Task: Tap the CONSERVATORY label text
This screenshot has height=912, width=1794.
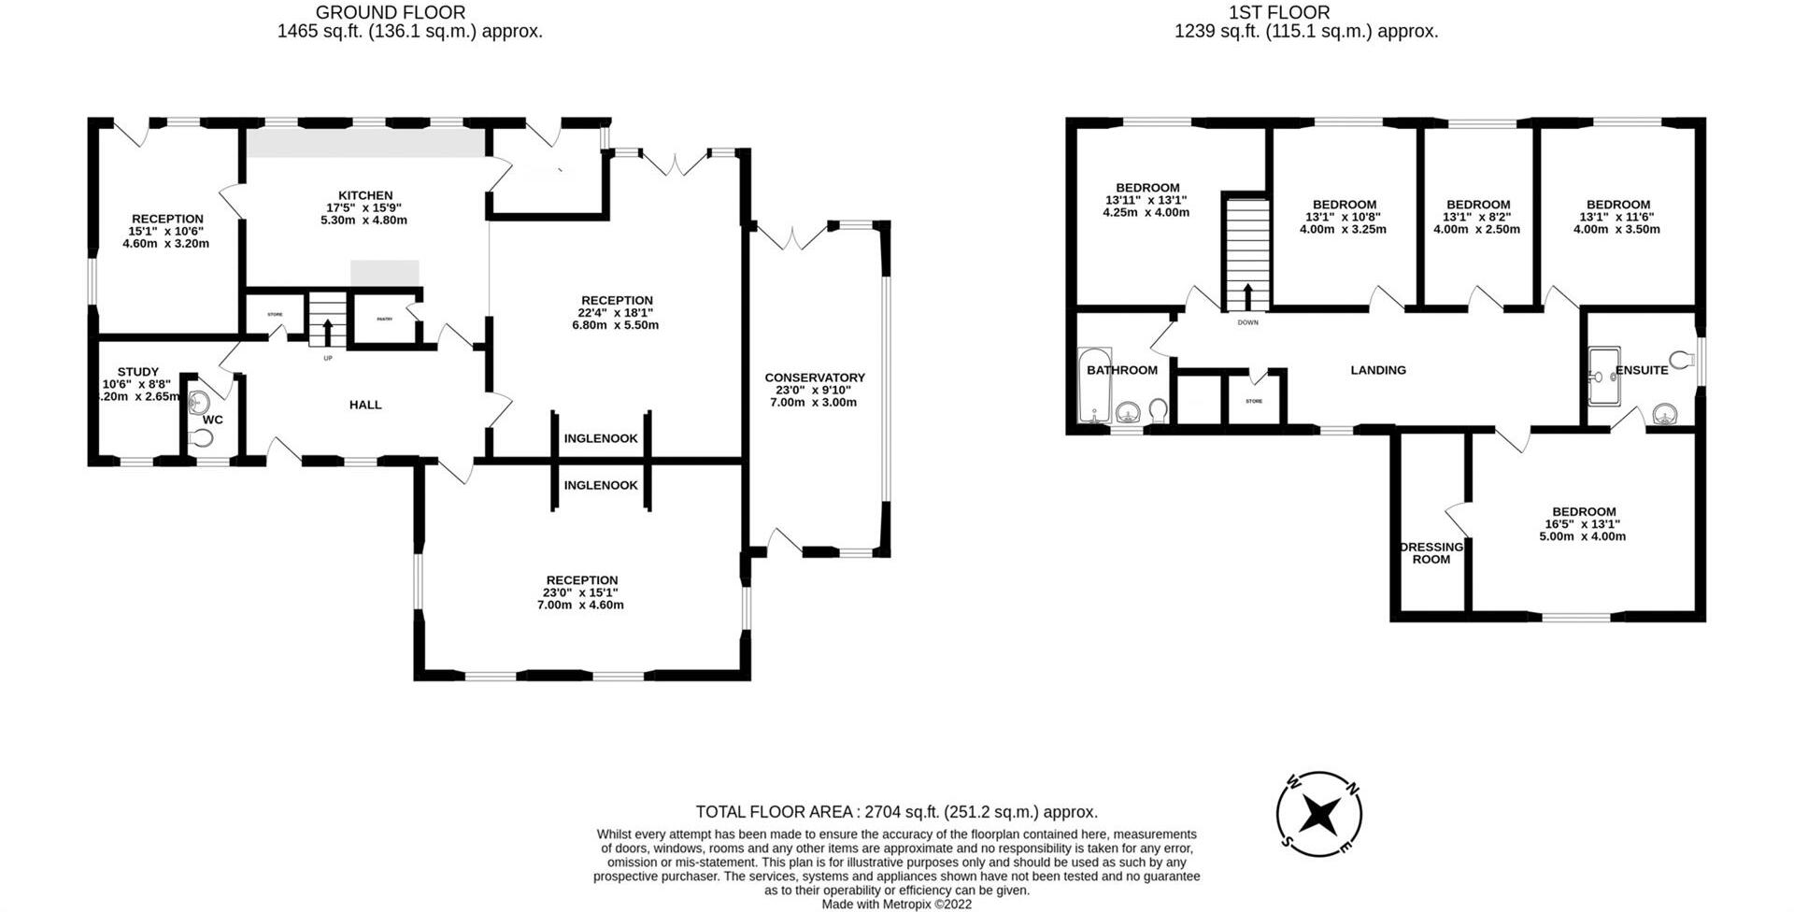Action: tap(815, 378)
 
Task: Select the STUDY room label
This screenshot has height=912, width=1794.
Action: tap(138, 372)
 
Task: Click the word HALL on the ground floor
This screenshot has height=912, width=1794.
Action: tap(365, 405)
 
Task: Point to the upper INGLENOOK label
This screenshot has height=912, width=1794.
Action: tap(601, 438)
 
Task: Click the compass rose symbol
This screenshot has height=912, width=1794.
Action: tap(1318, 814)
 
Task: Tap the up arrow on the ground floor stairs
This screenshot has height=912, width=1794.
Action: tap(327, 332)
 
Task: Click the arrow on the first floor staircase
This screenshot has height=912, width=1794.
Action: tap(1247, 296)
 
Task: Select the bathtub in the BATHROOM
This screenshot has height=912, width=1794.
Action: tap(1092, 385)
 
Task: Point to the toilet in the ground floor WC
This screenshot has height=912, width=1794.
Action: tap(200, 438)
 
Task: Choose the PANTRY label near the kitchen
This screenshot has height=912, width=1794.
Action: tap(384, 319)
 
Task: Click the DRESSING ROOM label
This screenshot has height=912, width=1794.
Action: tap(1431, 553)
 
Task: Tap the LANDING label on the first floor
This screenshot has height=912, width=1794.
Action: tap(1378, 370)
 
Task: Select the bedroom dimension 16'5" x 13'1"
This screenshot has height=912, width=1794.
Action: tap(1583, 524)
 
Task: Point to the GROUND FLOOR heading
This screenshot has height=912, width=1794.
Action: tap(391, 12)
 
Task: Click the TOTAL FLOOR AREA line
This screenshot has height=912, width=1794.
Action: tap(896, 812)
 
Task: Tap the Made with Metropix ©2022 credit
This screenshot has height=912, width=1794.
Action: tap(896, 904)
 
